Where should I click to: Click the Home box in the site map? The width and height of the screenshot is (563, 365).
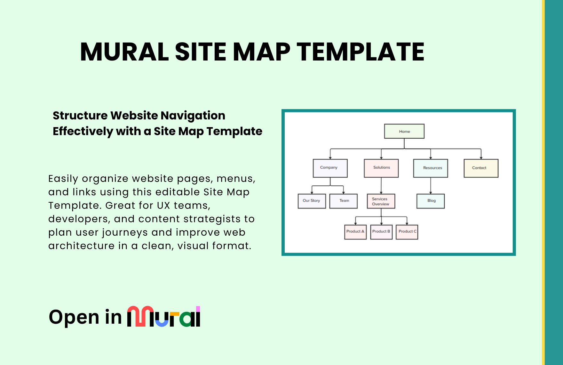[x=404, y=131]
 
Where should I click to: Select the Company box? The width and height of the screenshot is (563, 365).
[x=330, y=168]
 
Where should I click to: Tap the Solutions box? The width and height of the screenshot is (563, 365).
[x=381, y=168]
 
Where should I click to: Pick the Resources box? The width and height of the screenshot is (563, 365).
[x=431, y=168]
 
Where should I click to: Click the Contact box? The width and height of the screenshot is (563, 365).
[x=481, y=168]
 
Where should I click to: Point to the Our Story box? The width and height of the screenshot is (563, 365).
[x=312, y=201]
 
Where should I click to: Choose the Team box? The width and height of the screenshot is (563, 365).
[x=344, y=201]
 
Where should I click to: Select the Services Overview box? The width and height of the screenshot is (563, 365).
[x=381, y=201]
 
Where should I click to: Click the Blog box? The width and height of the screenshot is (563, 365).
[x=431, y=201]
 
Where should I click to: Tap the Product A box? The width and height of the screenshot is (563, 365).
[x=355, y=232]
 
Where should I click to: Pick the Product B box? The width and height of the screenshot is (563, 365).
[x=381, y=232]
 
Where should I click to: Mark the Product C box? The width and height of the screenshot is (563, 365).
[x=407, y=232]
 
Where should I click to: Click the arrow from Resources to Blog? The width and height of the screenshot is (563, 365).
[x=431, y=186]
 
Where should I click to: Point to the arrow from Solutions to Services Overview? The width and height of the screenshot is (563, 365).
[x=381, y=186]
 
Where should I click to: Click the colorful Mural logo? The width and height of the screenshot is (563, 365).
[x=164, y=316]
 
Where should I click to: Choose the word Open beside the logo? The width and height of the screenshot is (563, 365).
[x=74, y=318]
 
